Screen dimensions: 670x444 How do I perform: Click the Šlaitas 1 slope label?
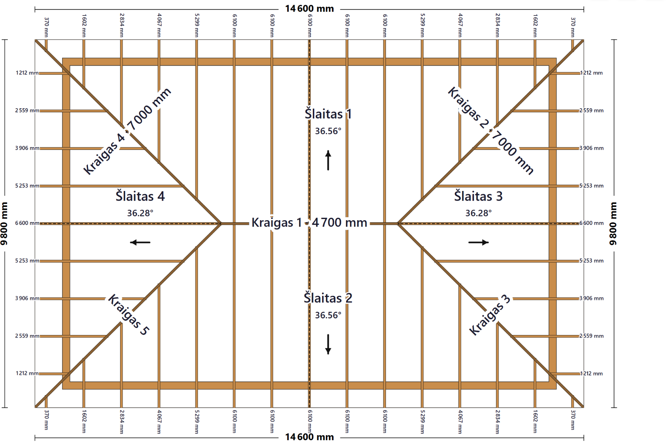[x=328, y=114]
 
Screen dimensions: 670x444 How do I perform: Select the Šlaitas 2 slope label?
[x=328, y=298]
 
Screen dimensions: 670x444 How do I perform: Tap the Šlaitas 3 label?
[x=478, y=196]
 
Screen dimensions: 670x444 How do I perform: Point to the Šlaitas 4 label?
[x=140, y=196]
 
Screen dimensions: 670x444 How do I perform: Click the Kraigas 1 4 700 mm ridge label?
[x=309, y=222]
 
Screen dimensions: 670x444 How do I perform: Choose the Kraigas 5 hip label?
[x=128, y=315]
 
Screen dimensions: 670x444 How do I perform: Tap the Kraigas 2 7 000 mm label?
[x=491, y=130]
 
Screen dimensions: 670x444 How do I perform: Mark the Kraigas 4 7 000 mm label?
[x=127, y=131]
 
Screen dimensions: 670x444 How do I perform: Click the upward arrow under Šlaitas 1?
[x=328, y=160]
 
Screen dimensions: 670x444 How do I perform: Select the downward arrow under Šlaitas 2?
[x=328, y=344]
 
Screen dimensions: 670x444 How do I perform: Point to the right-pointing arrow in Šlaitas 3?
[x=479, y=242]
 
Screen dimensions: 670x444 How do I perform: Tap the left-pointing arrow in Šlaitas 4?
[x=140, y=242]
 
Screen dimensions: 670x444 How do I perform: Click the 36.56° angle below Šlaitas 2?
[x=328, y=315]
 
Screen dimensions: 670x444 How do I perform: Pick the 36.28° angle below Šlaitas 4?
[x=140, y=213]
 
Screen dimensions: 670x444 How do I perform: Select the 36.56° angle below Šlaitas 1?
[x=328, y=131]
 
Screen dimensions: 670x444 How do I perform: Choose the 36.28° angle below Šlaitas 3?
[x=478, y=213]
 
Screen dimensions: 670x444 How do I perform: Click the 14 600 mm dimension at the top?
[x=309, y=8]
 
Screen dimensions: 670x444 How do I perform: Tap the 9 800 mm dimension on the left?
[x=4, y=223]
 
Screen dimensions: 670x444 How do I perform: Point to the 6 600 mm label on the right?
[x=591, y=223]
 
